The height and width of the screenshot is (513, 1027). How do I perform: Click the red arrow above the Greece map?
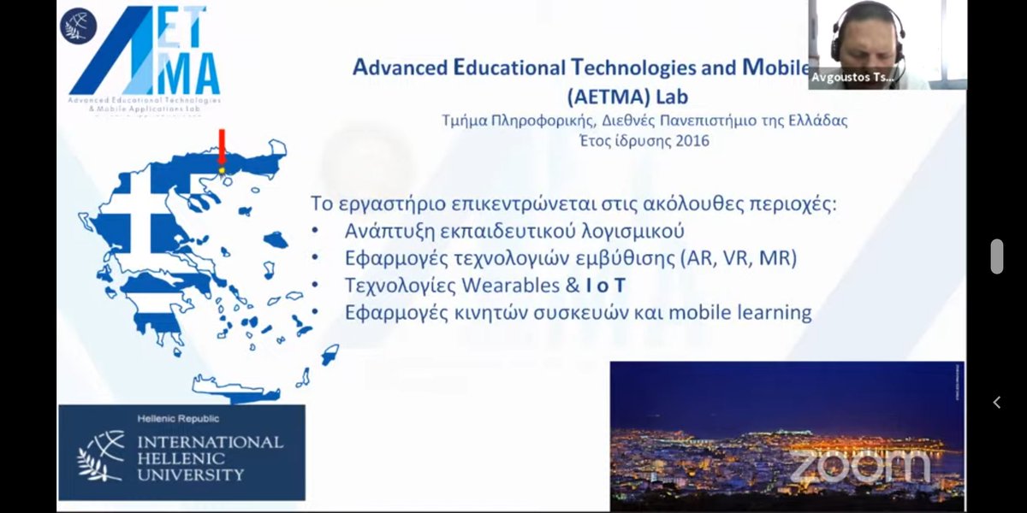[x=221, y=148]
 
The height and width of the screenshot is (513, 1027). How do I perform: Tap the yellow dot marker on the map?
[x=222, y=171]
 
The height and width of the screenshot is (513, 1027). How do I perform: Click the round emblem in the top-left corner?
[x=78, y=25]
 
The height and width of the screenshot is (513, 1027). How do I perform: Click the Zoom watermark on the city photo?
[x=858, y=466]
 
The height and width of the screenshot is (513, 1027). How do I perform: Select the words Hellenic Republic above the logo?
[x=178, y=419]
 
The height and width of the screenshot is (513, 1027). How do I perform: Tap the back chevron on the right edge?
[x=996, y=402]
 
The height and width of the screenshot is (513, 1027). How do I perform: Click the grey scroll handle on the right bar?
[x=996, y=256]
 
